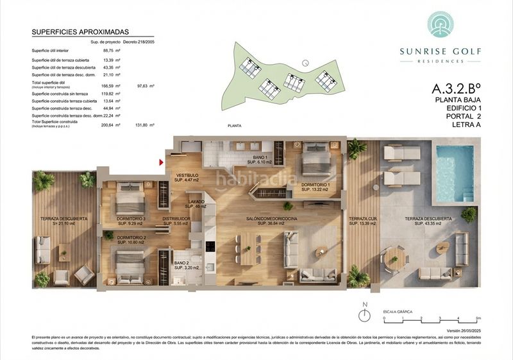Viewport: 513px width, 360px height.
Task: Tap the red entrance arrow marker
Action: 161,164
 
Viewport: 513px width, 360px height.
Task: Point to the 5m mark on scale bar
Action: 478,318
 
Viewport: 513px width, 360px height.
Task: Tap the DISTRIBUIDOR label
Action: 174,221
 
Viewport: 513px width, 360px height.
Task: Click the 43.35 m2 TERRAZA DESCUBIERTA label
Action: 428,221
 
